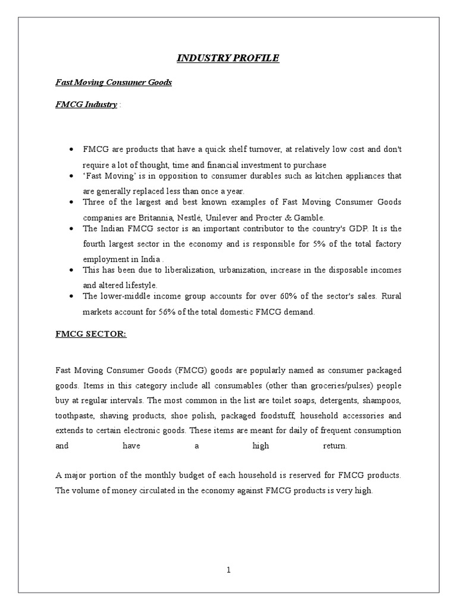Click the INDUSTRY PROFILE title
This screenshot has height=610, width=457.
(x=228, y=58)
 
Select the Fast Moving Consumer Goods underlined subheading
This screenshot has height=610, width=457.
(x=114, y=82)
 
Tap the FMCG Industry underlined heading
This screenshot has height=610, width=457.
(x=86, y=104)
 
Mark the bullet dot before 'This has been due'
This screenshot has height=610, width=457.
(x=71, y=270)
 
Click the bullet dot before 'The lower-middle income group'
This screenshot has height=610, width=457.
(x=71, y=296)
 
